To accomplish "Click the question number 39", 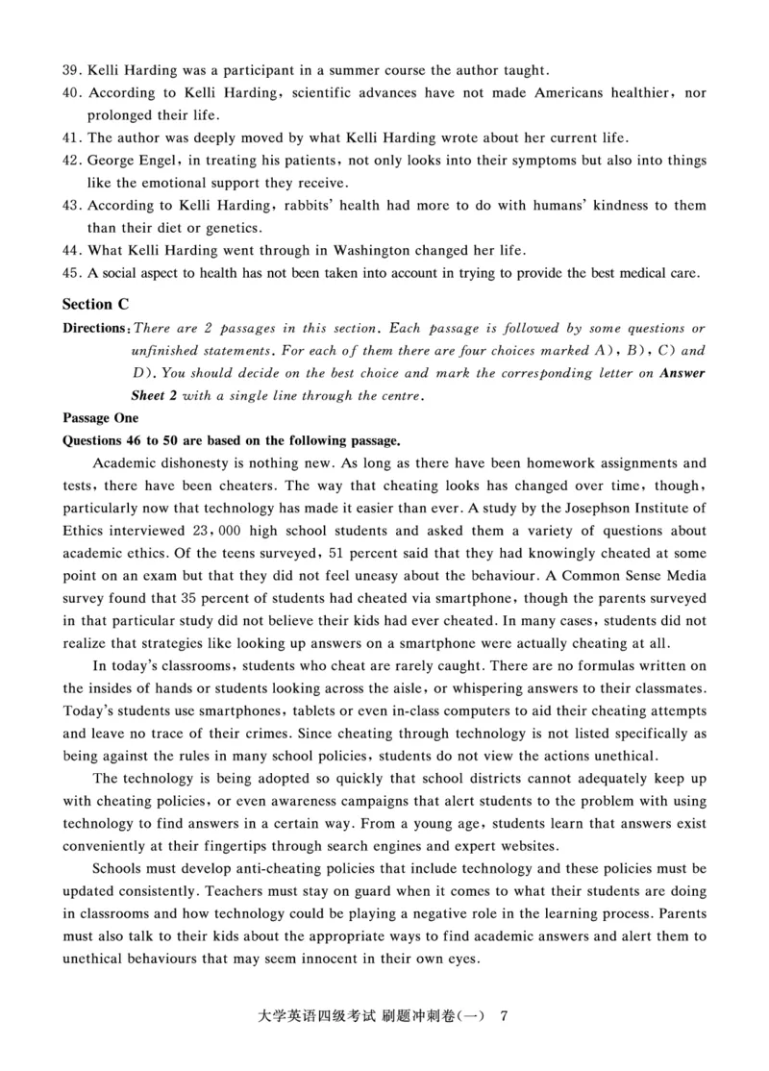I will tap(72, 70).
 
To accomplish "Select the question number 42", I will tap(72, 161).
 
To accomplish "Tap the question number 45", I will tap(72, 273).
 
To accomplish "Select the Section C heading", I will tap(95, 304).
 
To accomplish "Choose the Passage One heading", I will tap(100, 418).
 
